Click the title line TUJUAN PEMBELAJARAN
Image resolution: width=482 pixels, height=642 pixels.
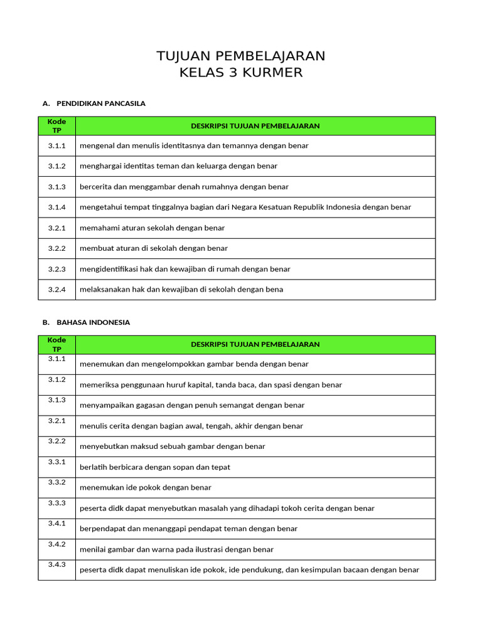pos(241,56)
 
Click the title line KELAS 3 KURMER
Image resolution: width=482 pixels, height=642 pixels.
pos(241,73)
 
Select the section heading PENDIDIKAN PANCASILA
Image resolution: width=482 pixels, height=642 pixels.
pos(100,103)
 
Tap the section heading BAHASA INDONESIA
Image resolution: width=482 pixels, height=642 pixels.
pos(93,322)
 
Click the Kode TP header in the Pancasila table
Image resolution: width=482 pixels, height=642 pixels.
pos(56,125)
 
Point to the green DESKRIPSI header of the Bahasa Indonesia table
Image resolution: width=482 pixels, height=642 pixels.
pos(255,344)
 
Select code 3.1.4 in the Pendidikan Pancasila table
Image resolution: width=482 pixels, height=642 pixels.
pos(56,207)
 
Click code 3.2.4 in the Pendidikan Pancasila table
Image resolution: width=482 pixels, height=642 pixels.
pos(56,290)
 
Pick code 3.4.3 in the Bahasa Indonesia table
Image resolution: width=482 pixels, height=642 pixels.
pos(56,564)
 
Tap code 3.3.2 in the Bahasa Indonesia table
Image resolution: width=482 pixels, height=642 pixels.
pos(56,483)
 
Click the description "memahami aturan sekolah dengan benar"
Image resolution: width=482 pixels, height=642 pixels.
pos(152,228)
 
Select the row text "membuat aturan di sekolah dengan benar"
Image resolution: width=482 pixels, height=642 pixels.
pos(153,248)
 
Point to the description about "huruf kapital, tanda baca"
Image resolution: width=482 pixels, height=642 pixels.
pos(211,385)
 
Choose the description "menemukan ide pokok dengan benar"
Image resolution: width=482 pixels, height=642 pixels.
pos(145,487)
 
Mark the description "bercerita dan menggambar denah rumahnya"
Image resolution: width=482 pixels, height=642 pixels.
pos(184,187)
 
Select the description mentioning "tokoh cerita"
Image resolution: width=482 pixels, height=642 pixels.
pos(227,508)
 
